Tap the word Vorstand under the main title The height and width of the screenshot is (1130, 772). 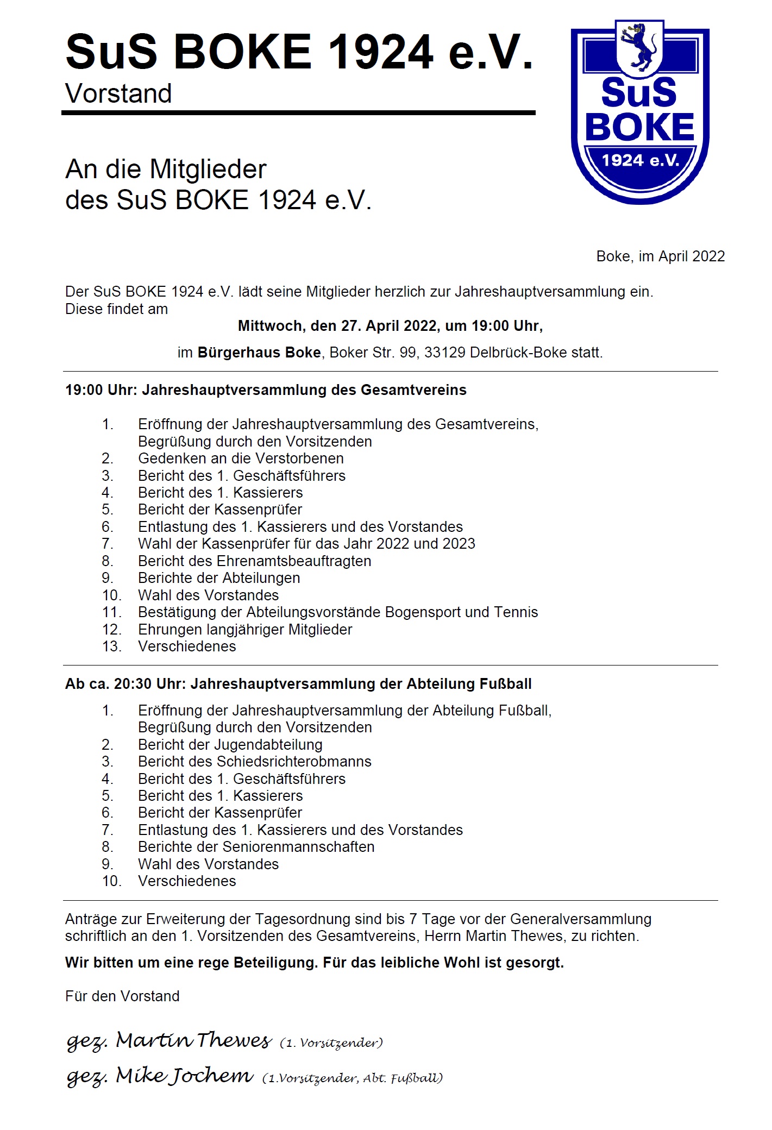point(118,93)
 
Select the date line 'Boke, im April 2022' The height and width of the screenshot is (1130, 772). point(660,256)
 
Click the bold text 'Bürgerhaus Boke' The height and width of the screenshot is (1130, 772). point(259,353)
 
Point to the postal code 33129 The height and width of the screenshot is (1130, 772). point(444,353)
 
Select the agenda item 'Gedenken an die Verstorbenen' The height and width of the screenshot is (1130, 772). point(241,459)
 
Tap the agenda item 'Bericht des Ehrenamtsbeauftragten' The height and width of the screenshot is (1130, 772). point(254,561)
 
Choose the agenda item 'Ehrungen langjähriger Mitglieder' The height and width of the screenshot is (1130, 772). point(245,630)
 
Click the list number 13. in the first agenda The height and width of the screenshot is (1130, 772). point(111,646)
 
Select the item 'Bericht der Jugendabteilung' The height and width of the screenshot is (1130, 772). point(230,745)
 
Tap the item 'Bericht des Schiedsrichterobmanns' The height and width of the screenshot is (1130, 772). point(254,762)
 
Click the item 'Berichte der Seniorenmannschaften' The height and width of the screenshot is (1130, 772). point(256,847)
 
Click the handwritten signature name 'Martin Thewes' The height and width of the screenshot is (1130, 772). point(193,1041)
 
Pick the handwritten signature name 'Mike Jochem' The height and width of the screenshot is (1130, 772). point(185,1076)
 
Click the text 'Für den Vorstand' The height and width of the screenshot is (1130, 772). point(122,996)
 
